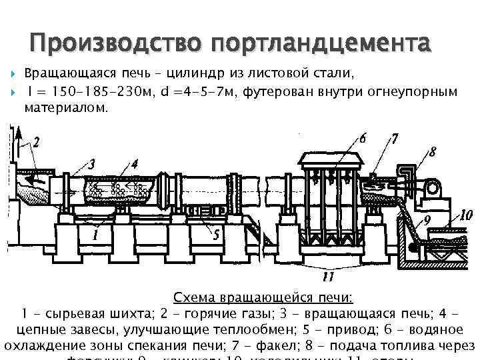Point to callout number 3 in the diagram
pos(92,163)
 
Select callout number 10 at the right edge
pos(467,215)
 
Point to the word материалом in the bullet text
pos(65,107)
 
